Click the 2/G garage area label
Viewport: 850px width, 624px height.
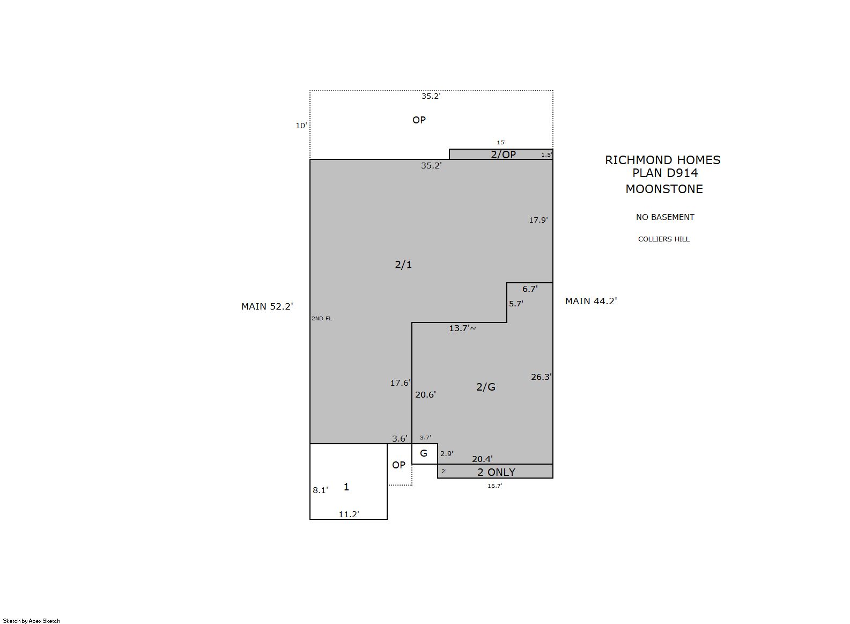point(486,387)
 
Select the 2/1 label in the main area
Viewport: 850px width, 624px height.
point(403,265)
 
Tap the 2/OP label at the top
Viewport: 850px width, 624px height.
point(503,155)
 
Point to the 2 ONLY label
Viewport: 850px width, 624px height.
point(496,472)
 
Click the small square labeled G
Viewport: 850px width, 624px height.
point(424,453)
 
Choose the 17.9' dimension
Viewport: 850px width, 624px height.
point(538,220)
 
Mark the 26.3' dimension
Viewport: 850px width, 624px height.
point(541,377)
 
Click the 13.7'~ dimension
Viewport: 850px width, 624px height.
point(462,328)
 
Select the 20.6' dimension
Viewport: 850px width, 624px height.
point(425,394)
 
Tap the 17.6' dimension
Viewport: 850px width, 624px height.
point(401,383)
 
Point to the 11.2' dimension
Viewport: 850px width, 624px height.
point(349,515)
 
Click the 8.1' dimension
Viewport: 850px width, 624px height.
point(320,490)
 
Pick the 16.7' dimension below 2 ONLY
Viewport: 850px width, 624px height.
point(495,486)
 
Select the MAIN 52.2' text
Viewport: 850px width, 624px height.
point(267,306)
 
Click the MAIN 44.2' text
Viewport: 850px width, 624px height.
point(591,301)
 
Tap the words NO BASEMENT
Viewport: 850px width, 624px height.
point(665,217)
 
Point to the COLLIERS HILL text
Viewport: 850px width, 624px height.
point(664,239)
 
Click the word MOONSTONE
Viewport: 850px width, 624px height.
point(664,189)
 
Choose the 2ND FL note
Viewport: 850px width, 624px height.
point(322,319)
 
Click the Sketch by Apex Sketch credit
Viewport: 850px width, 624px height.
point(32,621)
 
